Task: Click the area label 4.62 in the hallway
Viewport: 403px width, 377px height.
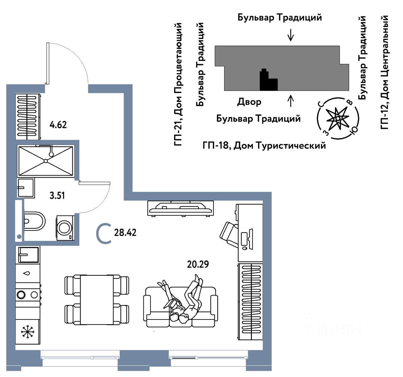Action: (58, 125)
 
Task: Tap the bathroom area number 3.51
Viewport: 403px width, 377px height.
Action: (57, 196)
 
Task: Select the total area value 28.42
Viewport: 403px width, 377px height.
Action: (125, 233)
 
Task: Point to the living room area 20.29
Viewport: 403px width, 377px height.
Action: (198, 264)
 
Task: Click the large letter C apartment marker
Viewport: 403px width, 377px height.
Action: (104, 234)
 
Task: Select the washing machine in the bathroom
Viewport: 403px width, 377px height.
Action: (65, 228)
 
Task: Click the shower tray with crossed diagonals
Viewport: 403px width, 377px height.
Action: (46, 161)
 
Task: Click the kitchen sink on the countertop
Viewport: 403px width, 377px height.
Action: (28, 254)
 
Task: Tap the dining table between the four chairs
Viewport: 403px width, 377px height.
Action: (97, 300)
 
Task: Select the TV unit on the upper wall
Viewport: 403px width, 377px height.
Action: (180, 208)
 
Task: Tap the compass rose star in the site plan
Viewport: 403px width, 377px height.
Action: (337, 118)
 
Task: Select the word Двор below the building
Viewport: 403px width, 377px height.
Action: (249, 102)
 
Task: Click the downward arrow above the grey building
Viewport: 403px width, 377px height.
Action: (291, 35)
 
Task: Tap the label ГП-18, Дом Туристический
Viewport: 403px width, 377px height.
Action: (264, 146)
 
